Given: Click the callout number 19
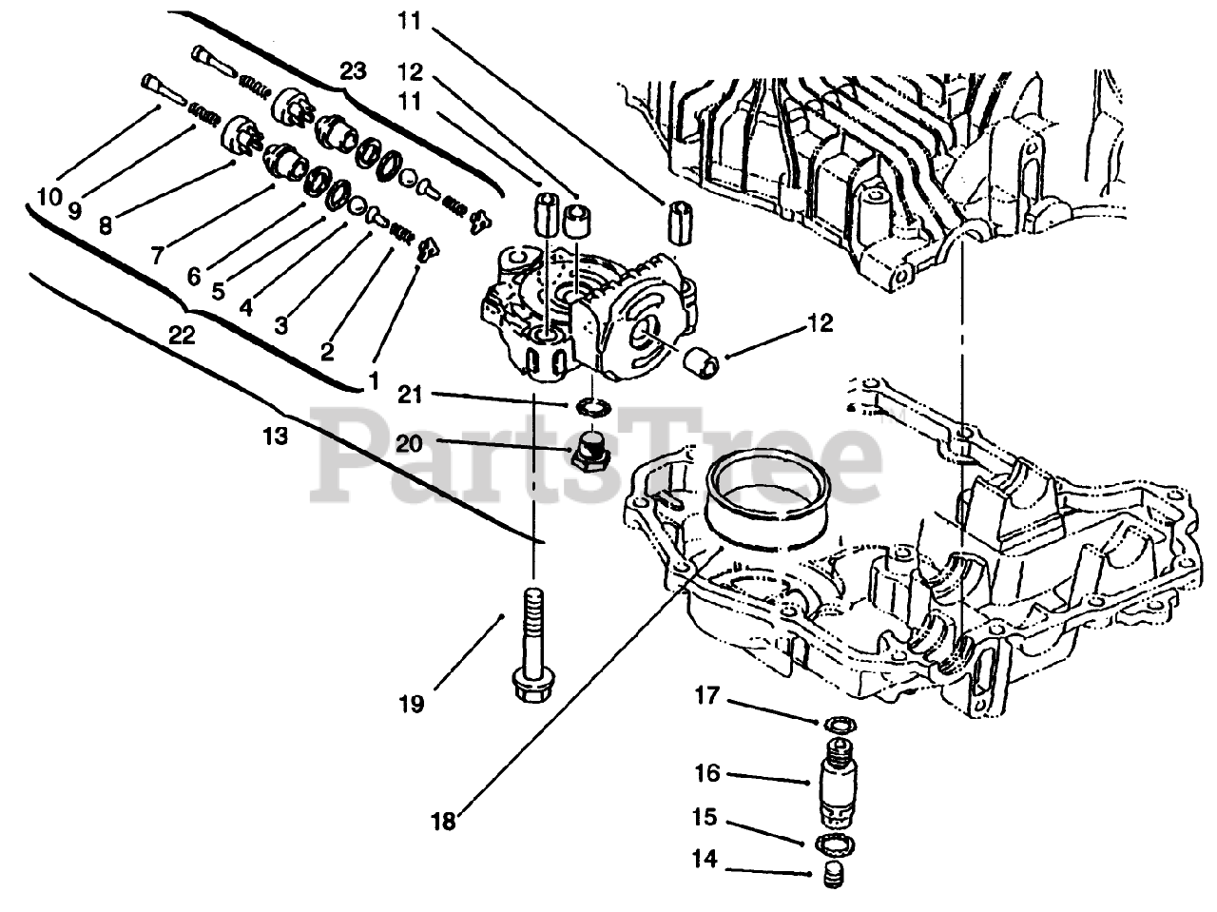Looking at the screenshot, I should [x=413, y=705].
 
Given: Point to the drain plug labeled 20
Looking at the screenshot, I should [x=591, y=449].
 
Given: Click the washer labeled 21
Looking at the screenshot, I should [x=591, y=407].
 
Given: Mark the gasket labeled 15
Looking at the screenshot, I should [x=834, y=843].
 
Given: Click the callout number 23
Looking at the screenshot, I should [x=353, y=71].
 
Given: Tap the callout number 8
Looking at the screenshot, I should [x=105, y=226].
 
